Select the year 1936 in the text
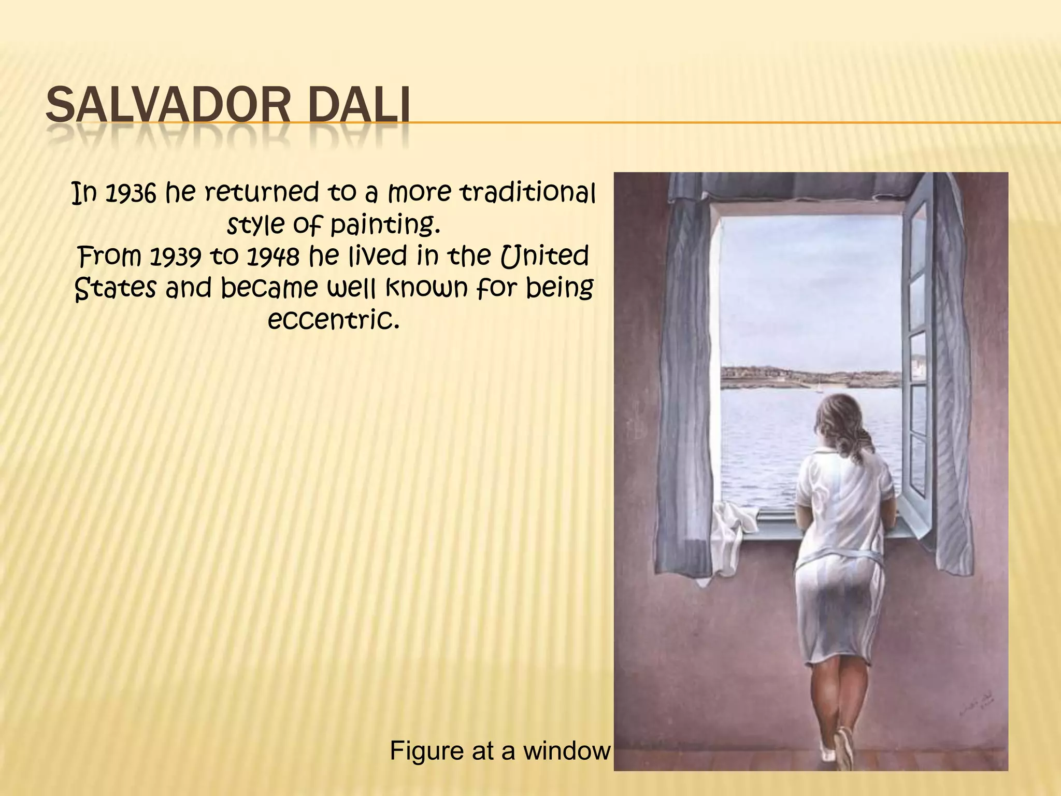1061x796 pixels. point(130,194)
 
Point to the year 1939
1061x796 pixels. point(175,257)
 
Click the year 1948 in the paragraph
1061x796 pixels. point(272,257)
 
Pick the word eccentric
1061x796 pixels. point(334,319)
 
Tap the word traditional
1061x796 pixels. point(528,193)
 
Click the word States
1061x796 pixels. point(115,288)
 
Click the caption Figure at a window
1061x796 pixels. point(500,750)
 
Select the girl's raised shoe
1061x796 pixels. point(843,746)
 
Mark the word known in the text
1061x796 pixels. point(426,288)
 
